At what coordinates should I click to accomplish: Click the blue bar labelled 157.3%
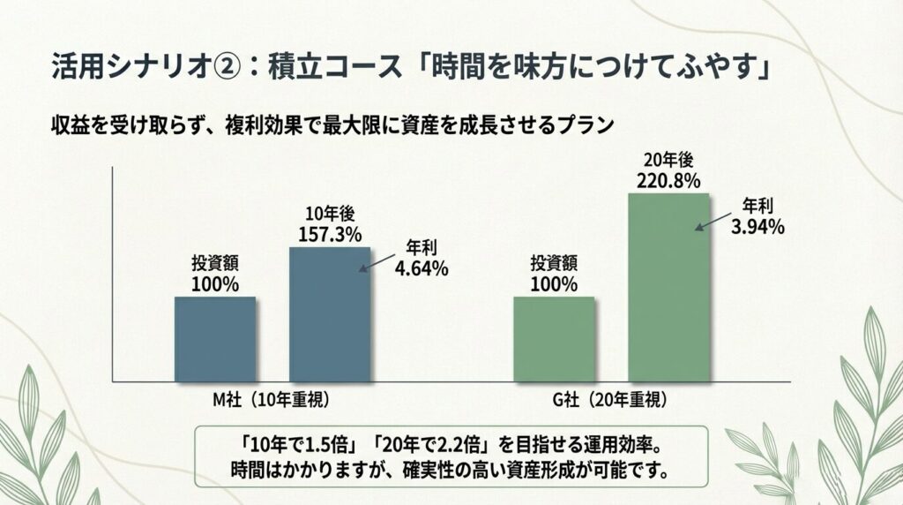[x=330, y=314]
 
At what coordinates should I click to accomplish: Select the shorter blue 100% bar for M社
[x=215, y=339]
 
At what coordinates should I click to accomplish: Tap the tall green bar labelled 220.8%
[x=668, y=287]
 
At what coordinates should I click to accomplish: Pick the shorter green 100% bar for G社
[x=554, y=339]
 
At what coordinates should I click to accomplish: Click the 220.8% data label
[x=668, y=182]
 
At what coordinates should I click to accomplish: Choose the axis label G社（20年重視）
[x=604, y=400]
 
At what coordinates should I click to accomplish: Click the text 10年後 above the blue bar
[x=329, y=214]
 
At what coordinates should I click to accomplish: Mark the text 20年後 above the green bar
[x=668, y=162]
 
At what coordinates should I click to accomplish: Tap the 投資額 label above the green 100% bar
[x=554, y=263]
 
